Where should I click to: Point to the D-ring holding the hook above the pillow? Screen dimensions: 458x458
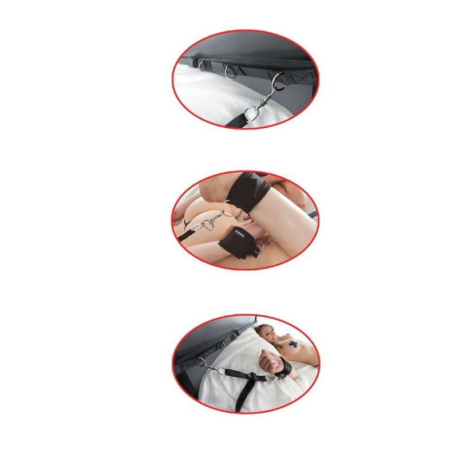[x=279, y=82]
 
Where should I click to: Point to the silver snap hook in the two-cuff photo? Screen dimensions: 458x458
[x=208, y=224]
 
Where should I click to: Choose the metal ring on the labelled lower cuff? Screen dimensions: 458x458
[x=260, y=246]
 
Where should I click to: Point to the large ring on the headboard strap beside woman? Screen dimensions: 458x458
[x=200, y=362]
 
